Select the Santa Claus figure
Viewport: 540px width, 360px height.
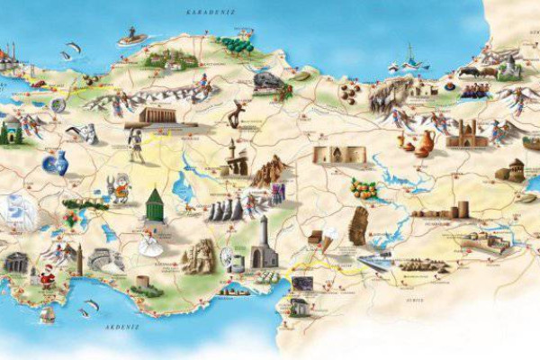pos(47,280)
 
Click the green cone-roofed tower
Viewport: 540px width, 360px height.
pos(154,203)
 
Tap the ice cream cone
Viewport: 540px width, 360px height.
pos(329,237)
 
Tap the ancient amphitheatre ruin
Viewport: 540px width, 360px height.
pos(107,260)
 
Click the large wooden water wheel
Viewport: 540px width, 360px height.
pos(229,257)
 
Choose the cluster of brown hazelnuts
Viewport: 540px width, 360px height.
pos(350,91)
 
